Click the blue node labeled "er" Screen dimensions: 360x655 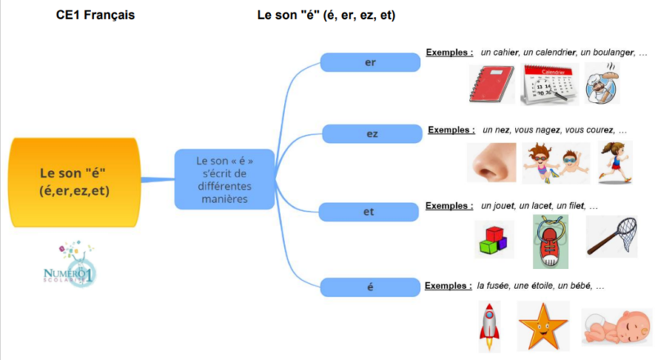tap(368, 62)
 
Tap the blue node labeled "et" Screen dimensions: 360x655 tap(368, 212)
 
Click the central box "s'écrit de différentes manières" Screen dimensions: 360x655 tap(224, 180)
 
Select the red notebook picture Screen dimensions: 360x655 tap(491, 84)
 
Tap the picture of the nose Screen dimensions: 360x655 tap(491, 162)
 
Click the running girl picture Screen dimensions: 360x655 tap(615, 161)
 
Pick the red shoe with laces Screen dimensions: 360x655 tap(550, 241)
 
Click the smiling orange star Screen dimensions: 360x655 tap(543, 325)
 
